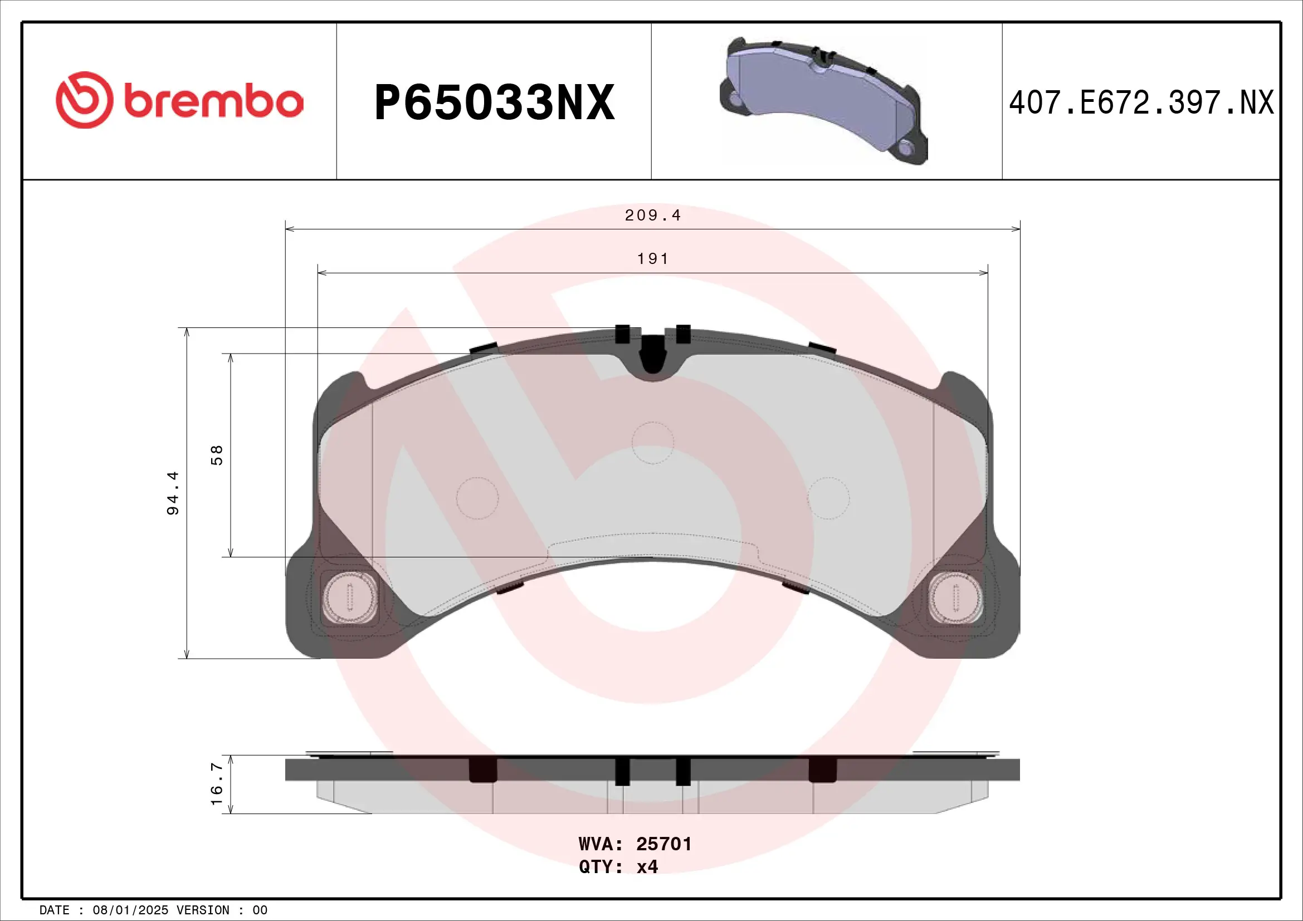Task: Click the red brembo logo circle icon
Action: tap(84, 100)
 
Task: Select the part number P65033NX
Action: tap(494, 102)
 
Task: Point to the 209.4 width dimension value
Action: tap(652, 215)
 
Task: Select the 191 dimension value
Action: tap(653, 259)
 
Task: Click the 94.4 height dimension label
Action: tap(173, 493)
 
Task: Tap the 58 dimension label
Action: tap(217, 455)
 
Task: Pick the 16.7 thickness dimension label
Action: tap(217, 784)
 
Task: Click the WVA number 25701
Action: tap(663, 844)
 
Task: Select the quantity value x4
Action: tap(647, 866)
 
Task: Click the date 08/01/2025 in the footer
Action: tap(130, 910)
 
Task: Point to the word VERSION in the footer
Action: tap(203, 910)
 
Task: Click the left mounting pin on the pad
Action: tap(349, 597)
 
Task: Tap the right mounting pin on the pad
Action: tap(956, 597)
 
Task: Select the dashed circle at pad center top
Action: tap(653, 443)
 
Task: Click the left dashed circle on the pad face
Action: tap(477, 498)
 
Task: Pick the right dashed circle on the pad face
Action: tap(828, 498)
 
